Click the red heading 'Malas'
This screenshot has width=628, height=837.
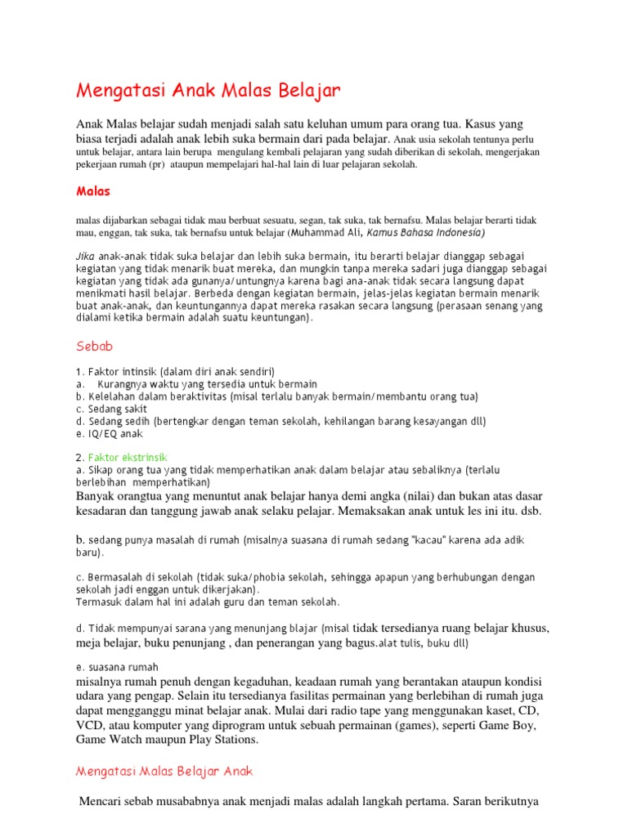click(92, 191)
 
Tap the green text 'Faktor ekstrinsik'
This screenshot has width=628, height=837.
click(128, 457)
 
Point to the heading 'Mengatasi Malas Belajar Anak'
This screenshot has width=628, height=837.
click(165, 771)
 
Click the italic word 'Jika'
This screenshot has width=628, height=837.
click(86, 255)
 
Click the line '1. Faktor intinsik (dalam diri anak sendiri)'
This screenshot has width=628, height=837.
click(175, 371)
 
